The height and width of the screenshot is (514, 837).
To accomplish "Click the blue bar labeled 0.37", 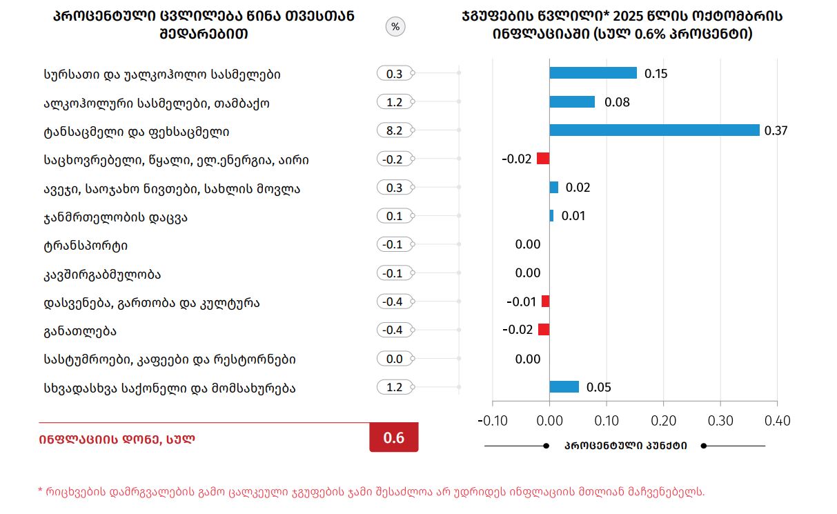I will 654,130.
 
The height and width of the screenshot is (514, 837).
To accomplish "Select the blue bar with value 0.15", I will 593,73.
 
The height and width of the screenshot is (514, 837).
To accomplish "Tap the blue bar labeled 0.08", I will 572,102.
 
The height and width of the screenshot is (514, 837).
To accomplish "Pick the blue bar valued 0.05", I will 564,387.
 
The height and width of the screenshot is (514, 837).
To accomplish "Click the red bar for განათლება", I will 544,330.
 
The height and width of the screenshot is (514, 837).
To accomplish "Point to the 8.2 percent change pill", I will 395,130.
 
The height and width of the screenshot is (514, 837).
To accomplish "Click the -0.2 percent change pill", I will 395,159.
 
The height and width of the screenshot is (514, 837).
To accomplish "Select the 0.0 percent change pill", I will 395,359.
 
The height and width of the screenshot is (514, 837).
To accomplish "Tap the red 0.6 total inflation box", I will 394,438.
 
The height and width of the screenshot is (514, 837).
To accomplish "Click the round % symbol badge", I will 395,27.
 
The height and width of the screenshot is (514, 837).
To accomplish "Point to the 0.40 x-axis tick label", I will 776,421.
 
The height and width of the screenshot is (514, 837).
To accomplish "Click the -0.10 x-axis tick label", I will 493,421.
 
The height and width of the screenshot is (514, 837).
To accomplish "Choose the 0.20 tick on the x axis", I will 663,421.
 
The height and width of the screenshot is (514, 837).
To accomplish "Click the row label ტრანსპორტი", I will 86,246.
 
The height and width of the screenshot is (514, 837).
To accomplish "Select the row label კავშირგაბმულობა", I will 102,274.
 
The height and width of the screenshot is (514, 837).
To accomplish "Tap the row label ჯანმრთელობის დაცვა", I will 115,217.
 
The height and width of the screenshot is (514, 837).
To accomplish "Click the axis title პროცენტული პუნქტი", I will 625,446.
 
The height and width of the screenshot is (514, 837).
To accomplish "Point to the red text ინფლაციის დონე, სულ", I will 117,439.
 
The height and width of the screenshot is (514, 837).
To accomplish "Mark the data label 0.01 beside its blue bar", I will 573,216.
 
